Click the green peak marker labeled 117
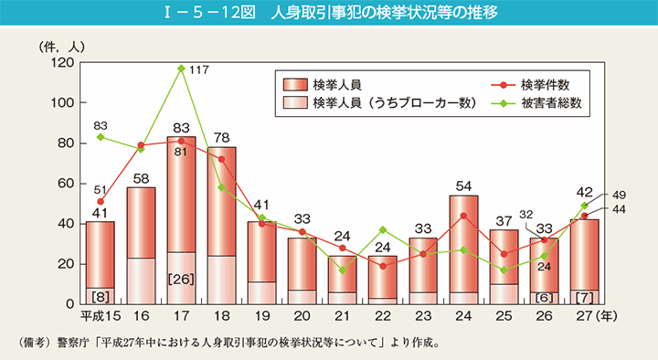click(x=182, y=69)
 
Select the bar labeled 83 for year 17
click(x=182, y=219)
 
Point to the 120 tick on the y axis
click(x=63, y=62)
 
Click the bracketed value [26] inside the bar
click(x=182, y=277)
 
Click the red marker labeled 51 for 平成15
click(x=100, y=201)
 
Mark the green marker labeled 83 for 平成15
click(x=100, y=137)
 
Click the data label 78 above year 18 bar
click(x=221, y=137)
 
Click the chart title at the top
click(x=329, y=13)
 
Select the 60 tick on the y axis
click(x=66, y=184)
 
